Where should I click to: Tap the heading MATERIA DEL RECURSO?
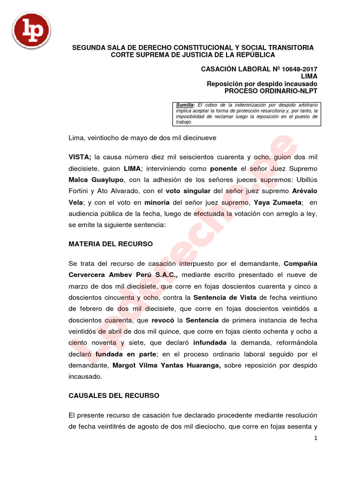coord(111,244)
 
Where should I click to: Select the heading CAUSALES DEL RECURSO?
coord(114,396)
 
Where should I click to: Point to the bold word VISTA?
coord(80,157)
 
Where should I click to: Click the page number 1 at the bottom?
coord(316,438)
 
